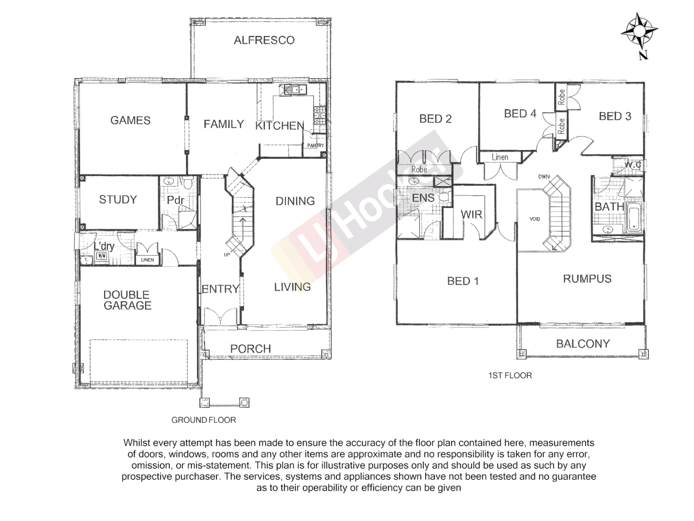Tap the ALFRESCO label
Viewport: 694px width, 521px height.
264,40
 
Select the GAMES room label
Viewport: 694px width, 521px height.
130,120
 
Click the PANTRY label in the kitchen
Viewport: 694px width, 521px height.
316,145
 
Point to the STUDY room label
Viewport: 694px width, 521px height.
118,199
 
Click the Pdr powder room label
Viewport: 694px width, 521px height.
175,200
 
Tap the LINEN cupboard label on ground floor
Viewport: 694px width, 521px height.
147,260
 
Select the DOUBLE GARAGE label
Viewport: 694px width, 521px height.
127,300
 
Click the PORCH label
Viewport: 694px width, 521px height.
250,348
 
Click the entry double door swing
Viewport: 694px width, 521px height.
220,317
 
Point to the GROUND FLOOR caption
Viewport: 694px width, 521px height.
203,420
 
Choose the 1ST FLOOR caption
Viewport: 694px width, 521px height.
510,375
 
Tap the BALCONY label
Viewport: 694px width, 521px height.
583,343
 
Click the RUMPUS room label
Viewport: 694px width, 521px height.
587,279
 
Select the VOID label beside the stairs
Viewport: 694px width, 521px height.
534,219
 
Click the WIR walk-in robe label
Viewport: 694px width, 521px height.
471,214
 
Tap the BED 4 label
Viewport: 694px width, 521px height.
520,113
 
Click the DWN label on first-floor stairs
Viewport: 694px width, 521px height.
544,177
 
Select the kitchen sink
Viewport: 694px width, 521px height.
294,89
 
